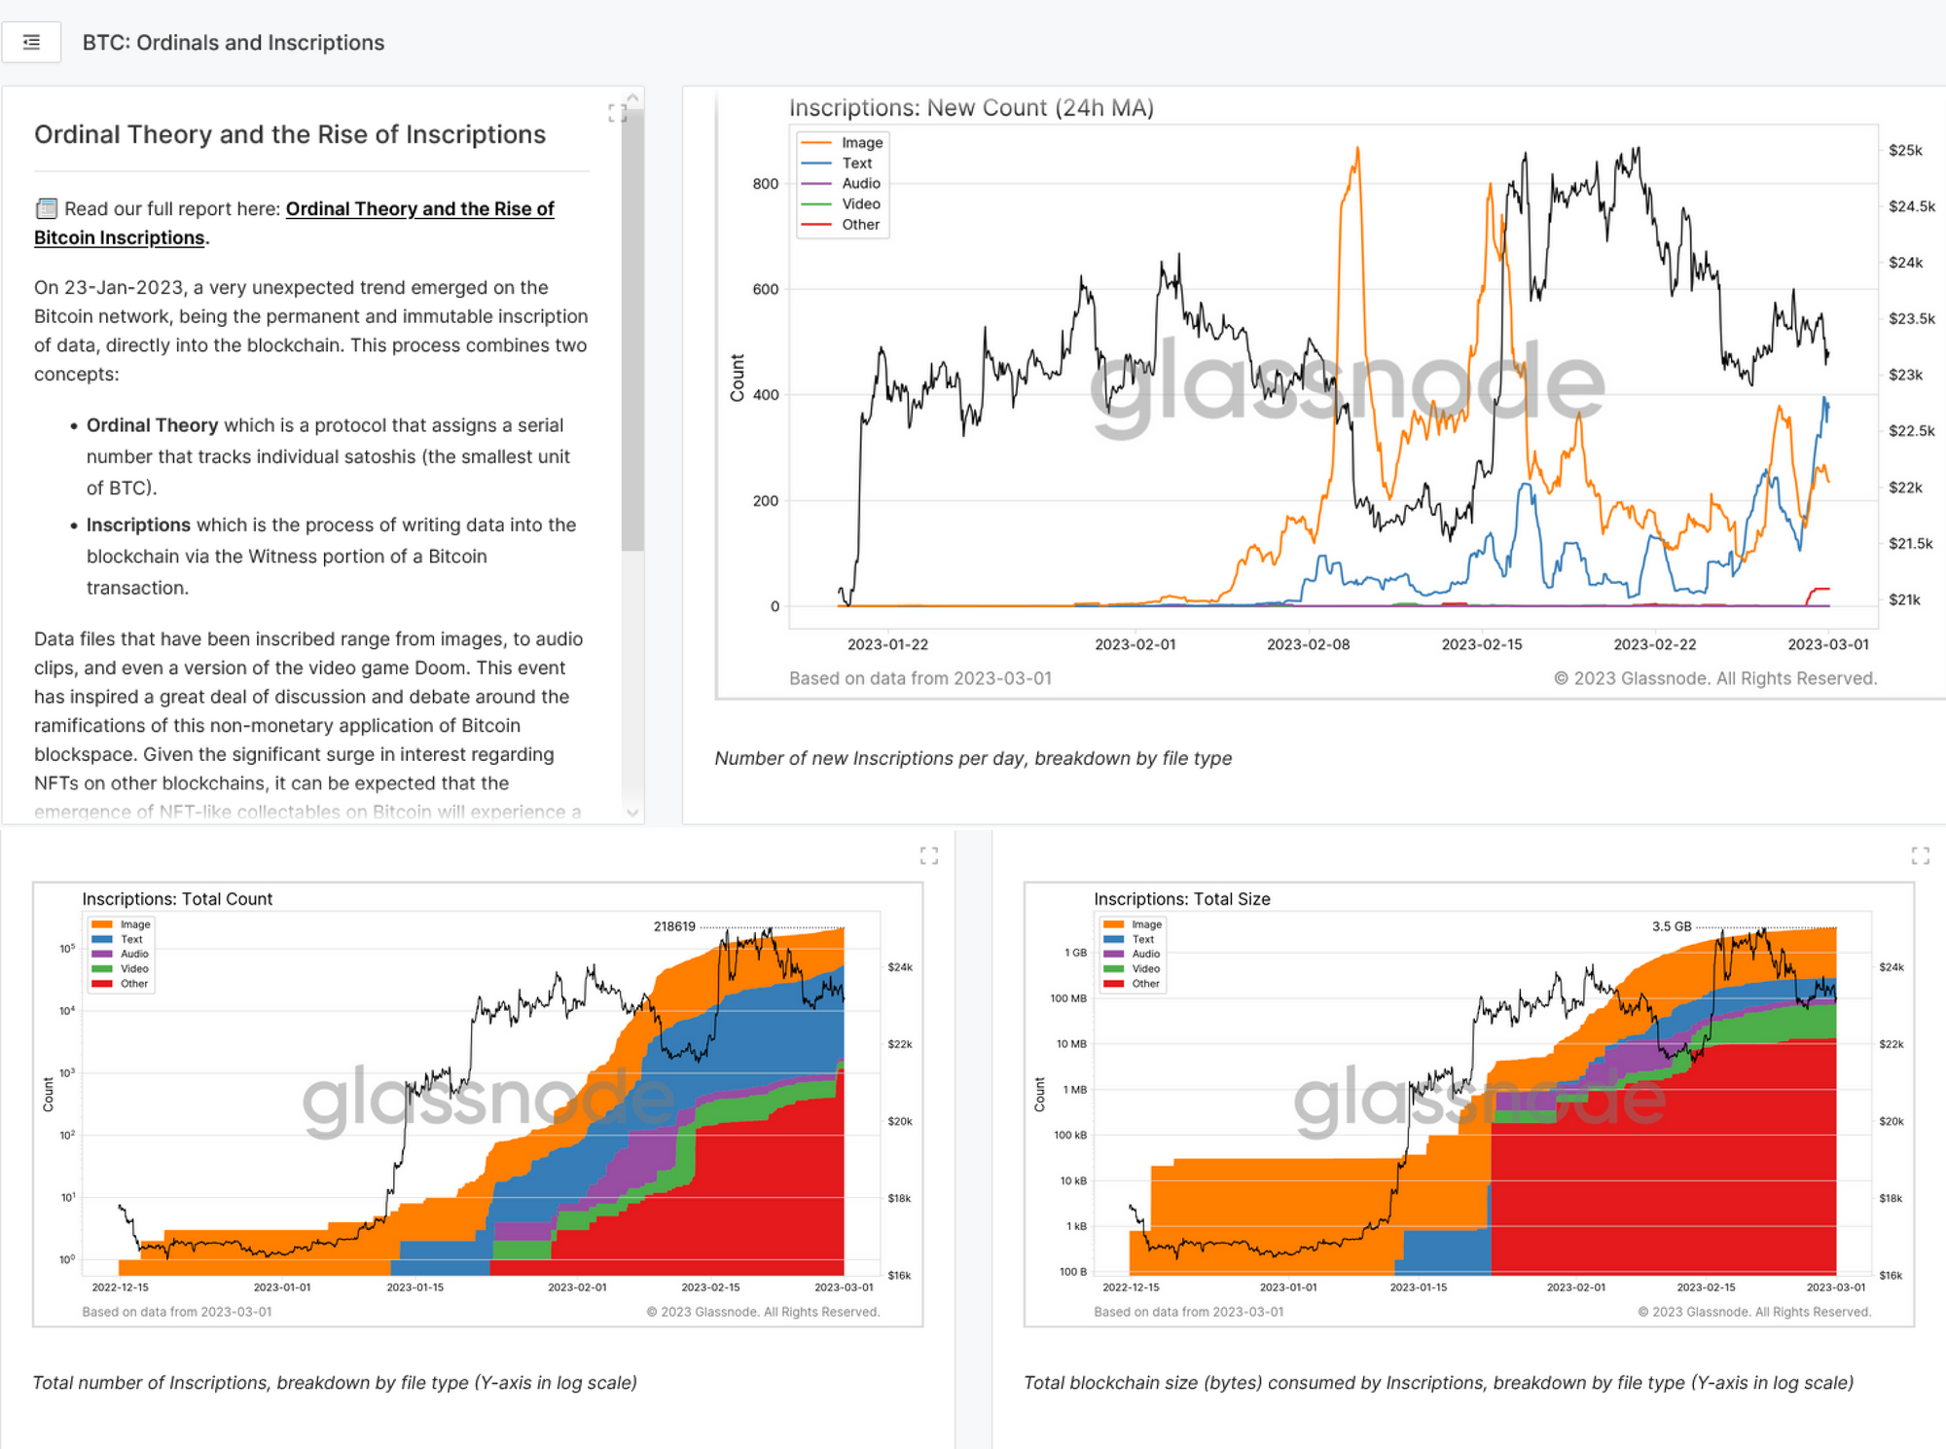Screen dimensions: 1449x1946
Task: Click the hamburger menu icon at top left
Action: [x=31, y=43]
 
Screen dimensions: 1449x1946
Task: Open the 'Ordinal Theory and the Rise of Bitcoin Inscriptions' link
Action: [x=419, y=209]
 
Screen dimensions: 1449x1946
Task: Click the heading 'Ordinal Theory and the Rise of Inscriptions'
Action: [x=290, y=134]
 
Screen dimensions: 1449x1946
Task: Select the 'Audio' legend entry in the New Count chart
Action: [x=860, y=184]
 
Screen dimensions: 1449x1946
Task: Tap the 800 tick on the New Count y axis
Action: [x=766, y=184]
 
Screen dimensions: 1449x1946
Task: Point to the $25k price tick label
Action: [x=1904, y=151]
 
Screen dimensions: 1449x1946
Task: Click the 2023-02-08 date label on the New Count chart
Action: [x=1308, y=644]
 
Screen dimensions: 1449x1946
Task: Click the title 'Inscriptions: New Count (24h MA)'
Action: [x=970, y=108]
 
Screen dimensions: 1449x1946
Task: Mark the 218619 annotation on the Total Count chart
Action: [x=674, y=926]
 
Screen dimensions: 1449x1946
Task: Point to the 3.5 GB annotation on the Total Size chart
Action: [x=1671, y=926]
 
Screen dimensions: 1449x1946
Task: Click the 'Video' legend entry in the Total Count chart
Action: [x=134, y=969]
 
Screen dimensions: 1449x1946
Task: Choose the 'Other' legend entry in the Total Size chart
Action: [x=1145, y=984]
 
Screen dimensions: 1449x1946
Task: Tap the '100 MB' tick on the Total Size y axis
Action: [x=1067, y=998]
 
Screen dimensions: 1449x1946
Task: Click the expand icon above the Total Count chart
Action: [x=929, y=855]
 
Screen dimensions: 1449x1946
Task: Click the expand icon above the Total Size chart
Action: [x=1920, y=855]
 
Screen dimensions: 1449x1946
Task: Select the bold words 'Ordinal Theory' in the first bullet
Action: [x=152, y=425]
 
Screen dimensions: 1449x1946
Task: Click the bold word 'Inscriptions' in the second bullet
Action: [x=138, y=525]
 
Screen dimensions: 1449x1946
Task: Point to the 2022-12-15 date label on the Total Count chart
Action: [x=121, y=1287]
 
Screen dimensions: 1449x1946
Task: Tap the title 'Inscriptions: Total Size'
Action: [x=1181, y=899]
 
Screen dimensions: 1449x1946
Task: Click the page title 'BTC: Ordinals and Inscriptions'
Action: [x=234, y=43]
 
